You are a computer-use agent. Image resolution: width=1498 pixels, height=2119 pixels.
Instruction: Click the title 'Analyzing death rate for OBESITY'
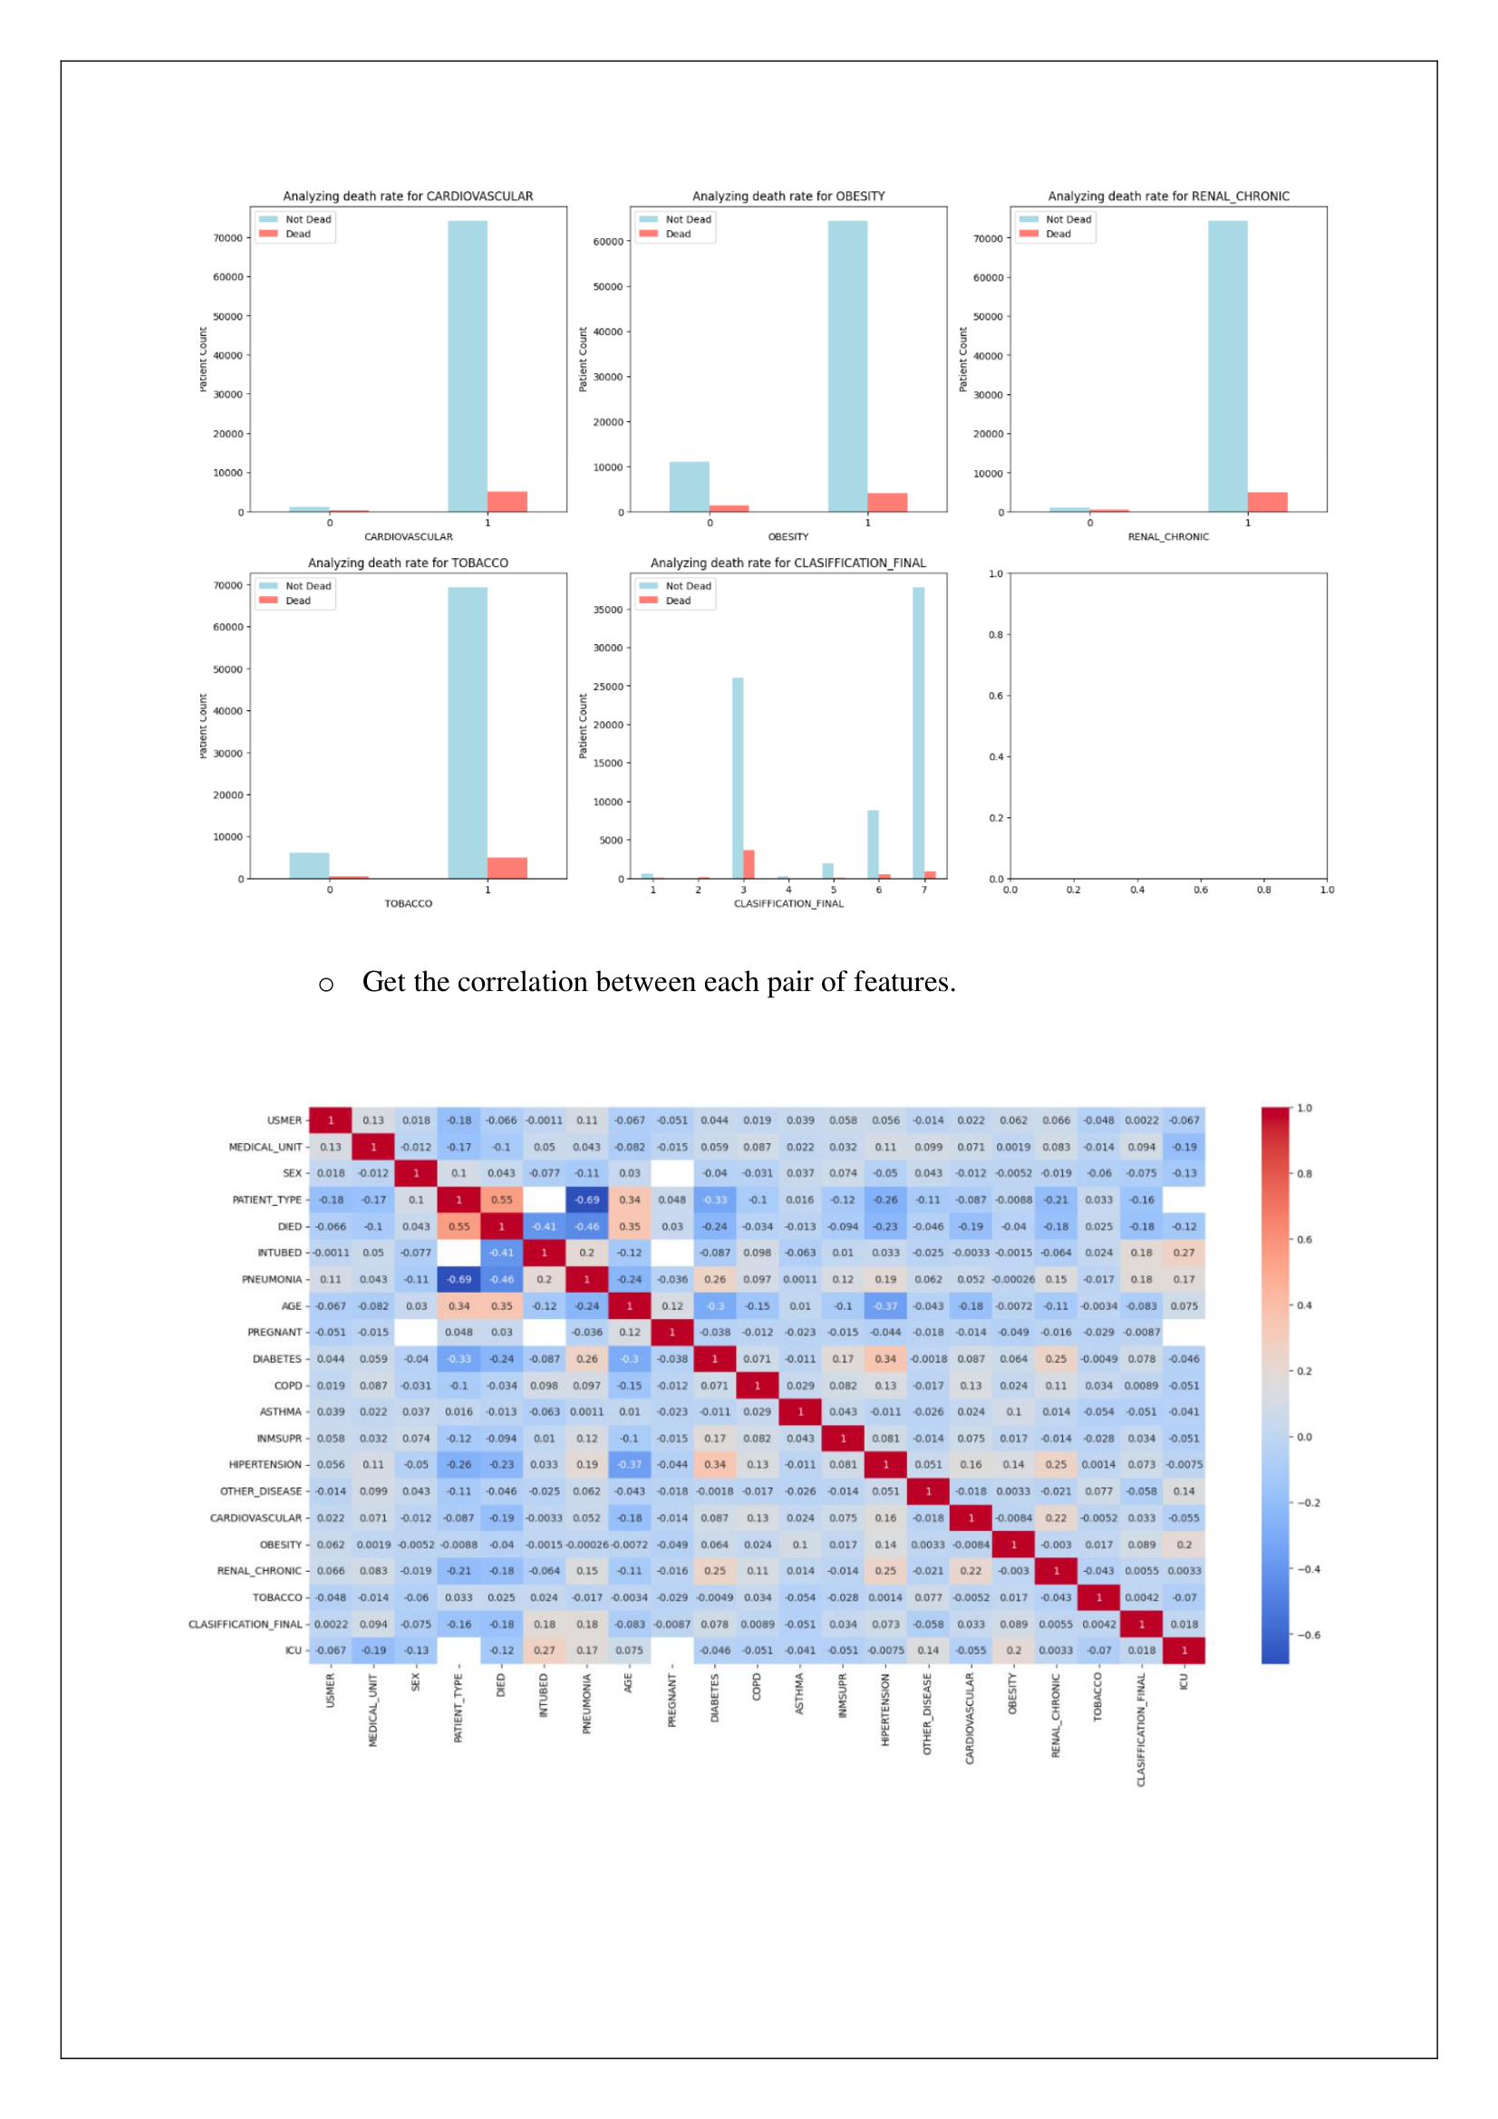click(788, 196)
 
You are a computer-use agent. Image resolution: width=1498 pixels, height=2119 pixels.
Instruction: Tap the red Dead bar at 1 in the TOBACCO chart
click(507, 868)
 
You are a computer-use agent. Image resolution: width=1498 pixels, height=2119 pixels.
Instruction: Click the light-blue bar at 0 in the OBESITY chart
click(689, 486)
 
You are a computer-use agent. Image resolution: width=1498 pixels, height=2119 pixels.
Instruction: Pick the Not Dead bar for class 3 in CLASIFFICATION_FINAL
click(738, 777)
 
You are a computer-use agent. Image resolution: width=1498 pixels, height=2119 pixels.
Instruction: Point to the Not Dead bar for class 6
click(872, 843)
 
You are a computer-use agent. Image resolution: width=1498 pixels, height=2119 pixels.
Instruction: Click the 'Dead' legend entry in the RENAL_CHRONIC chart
click(1058, 234)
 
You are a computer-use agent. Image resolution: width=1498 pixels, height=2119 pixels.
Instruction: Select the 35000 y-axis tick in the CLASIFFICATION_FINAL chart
click(607, 609)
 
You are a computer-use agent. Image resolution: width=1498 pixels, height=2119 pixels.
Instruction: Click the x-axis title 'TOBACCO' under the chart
click(408, 903)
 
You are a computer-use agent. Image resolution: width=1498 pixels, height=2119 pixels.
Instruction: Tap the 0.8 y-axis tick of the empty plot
click(995, 635)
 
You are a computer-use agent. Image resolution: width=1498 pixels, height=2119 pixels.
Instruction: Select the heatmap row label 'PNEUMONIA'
click(271, 1279)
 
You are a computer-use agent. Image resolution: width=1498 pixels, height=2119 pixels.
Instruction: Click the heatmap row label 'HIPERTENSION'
click(265, 1465)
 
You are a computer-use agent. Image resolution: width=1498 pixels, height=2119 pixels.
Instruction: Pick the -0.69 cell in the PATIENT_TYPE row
click(587, 1199)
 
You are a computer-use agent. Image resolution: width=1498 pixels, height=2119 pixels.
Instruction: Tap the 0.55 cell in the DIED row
click(459, 1227)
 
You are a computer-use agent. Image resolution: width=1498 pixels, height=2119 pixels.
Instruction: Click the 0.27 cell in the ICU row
click(545, 1650)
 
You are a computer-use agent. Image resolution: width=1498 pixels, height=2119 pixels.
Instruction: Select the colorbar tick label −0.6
click(1309, 1634)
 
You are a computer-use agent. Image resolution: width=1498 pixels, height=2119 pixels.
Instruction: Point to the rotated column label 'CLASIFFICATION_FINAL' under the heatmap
click(1141, 1729)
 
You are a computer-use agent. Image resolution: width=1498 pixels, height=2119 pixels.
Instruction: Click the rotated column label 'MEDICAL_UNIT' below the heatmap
click(372, 1710)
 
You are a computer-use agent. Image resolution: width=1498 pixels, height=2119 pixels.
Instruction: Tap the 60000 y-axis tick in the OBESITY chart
click(607, 242)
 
